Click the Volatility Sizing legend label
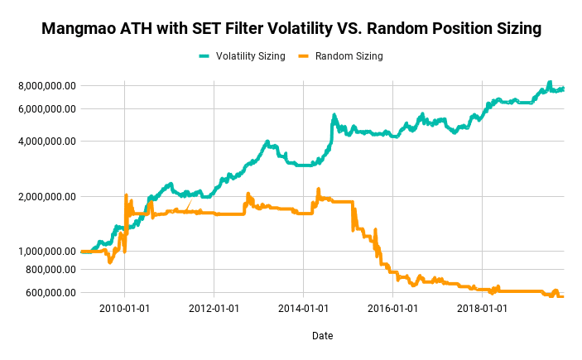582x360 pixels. click(x=250, y=56)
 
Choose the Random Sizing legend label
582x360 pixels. click(x=349, y=56)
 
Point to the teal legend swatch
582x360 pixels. click(x=204, y=56)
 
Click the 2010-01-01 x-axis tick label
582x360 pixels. click(x=124, y=308)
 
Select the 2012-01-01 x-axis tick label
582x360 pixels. click(x=214, y=308)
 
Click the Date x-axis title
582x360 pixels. click(x=322, y=336)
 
